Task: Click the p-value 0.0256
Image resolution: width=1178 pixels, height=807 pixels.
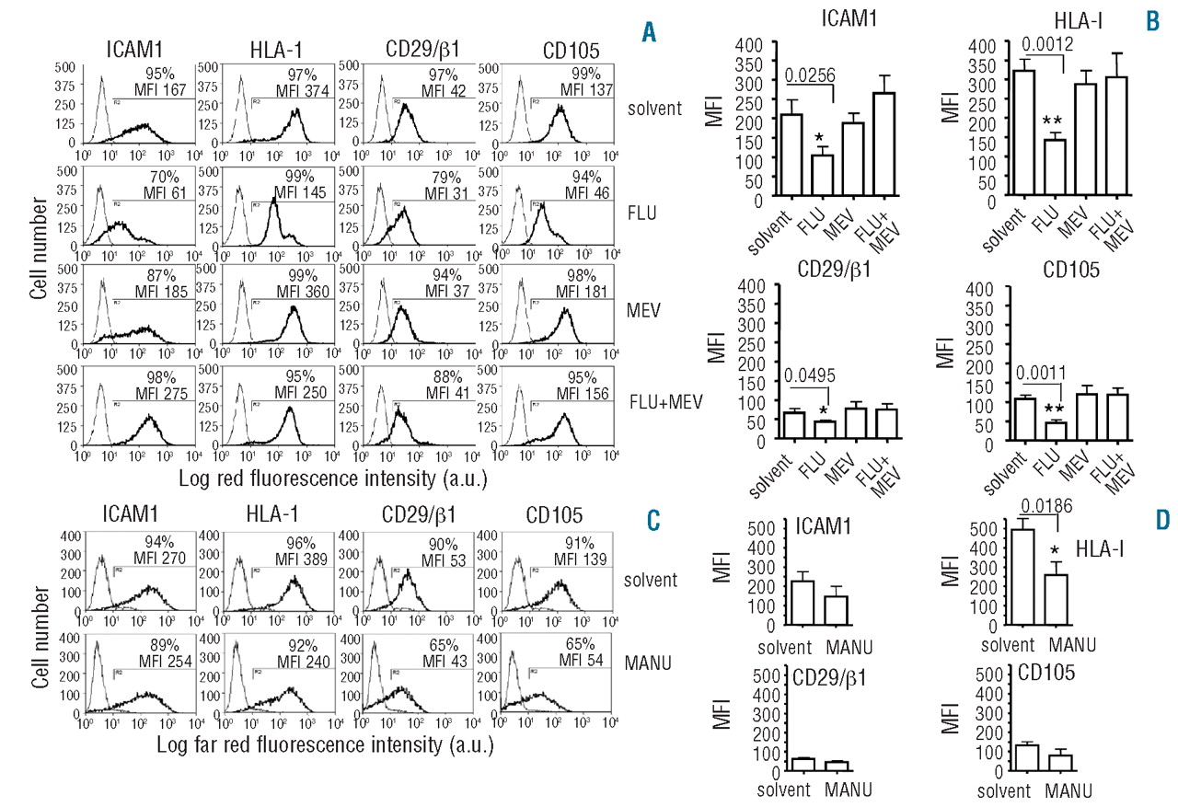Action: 811,78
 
